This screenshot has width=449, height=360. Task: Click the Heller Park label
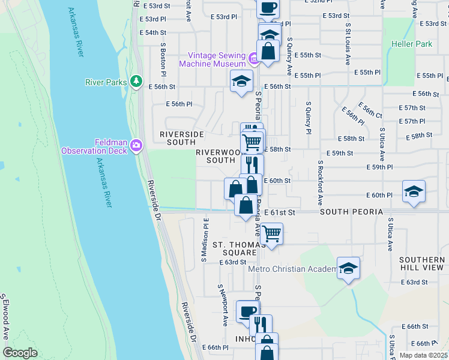point(412,44)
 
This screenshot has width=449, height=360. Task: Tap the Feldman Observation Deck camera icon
point(137,145)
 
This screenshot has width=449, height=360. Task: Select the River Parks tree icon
point(137,80)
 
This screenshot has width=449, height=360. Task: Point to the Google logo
point(20,353)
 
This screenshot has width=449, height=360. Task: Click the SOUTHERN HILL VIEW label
point(421,264)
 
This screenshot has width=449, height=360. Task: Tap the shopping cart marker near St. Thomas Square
point(272,233)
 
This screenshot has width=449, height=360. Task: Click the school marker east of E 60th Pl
point(414,191)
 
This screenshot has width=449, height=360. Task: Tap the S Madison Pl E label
point(205,241)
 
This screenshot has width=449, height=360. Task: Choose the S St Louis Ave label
point(348,44)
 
